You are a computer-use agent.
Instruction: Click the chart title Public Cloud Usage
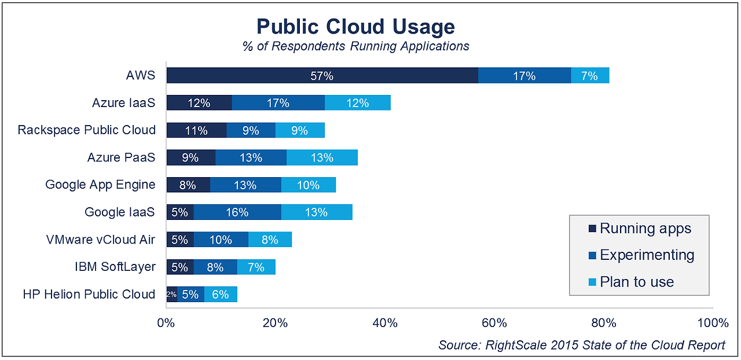pyautogui.click(x=355, y=27)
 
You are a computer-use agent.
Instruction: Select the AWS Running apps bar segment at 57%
pyautogui.click(x=322, y=76)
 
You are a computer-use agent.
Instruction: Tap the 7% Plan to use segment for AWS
pyautogui.click(x=589, y=76)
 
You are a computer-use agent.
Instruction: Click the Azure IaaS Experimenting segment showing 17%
pyautogui.click(x=278, y=103)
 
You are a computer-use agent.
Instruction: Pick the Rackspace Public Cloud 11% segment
pyautogui.click(x=196, y=130)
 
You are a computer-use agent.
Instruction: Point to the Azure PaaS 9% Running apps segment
pyautogui.click(x=190, y=157)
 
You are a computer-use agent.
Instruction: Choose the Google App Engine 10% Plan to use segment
pyautogui.click(x=308, y=185)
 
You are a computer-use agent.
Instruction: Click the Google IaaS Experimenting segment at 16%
pyautogui.click(x=237, y=212)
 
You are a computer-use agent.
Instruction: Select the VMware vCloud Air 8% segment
pyautogui.click(x=270, y=240)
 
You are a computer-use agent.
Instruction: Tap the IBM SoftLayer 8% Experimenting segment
pyautogui.click(x=215, y=267)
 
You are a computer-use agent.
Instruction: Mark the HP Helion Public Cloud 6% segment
pyautogui.click(x=221, y=295)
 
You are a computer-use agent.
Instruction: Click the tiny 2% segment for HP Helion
pyautogui.click(x=171, y=295)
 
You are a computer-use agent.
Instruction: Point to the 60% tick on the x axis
pyautogui.click(x=494, y=323)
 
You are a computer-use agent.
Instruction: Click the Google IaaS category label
pyautogui.click(x=120, y=212)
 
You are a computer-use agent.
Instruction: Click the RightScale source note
pyautogui.click(x=581, y=346)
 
